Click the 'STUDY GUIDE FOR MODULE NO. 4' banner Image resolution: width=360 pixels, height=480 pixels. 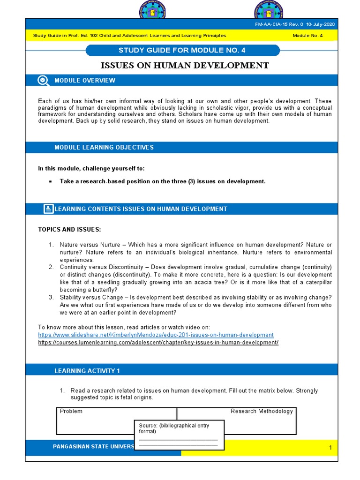coord(182,50)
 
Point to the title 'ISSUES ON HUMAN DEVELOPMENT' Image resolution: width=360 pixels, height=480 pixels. coord(185,65)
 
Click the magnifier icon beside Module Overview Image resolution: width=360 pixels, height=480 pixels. coord(43,80)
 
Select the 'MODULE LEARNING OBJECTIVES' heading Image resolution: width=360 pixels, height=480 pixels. coord(104,148)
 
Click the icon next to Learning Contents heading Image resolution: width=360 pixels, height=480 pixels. coord(48,209)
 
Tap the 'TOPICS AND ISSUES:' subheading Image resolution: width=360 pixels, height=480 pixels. coord(69,229)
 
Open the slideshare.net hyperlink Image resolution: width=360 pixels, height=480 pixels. coord(156,335)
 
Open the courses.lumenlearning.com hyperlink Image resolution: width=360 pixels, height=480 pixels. coord(158,342)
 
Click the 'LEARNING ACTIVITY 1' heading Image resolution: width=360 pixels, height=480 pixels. coord(87,371)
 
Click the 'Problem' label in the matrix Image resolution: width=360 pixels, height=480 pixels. coord(71,411)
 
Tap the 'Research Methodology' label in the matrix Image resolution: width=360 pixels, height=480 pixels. coord(262,411)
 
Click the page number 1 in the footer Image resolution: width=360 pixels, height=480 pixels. coord(330,448)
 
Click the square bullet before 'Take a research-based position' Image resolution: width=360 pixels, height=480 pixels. coord(50,181)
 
